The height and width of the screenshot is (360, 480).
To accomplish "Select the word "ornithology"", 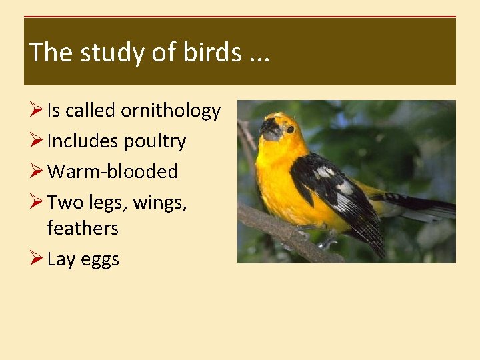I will (x=171, y=111).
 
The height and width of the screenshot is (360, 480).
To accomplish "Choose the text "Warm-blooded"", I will (x=113, y=172).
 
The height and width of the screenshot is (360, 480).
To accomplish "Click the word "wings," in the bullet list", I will (x=160, y=202).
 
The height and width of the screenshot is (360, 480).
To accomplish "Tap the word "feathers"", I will (x=83, y=228).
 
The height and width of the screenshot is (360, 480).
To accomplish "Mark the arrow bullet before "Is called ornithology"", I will (x=37, y=111).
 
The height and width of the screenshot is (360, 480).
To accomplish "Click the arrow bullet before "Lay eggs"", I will (x=37, y=259).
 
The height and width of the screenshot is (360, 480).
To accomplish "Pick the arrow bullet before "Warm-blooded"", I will (x=37, y=172).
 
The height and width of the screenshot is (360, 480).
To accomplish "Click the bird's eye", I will (x=290, y=129).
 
